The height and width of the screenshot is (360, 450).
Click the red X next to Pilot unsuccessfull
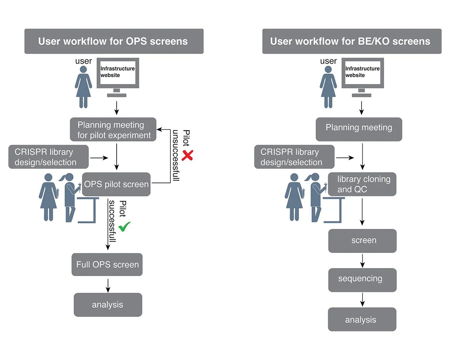point(188,155)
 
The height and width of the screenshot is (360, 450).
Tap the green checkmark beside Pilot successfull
point(124,227)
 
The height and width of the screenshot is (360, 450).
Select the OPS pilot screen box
point(116,184)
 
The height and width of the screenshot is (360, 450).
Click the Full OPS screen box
point(107,265)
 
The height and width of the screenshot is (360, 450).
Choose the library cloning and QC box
point(362,184)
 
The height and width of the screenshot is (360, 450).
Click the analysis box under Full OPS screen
point(108,305)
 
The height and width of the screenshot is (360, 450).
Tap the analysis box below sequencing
point(362,319)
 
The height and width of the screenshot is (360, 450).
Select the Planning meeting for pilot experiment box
point(113,130)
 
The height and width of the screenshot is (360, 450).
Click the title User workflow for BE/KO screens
point(352,41)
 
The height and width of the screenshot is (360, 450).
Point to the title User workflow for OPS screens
point(114,41)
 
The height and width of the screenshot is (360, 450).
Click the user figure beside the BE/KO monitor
point(328,87)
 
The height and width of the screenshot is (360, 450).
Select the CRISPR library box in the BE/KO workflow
point(294,157)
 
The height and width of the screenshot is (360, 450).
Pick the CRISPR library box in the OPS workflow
point(49,157)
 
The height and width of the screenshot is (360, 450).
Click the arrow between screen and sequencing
point(362,261)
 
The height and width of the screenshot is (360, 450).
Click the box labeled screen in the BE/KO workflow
point(362,241)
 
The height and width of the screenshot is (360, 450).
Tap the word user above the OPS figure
point(83,61)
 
